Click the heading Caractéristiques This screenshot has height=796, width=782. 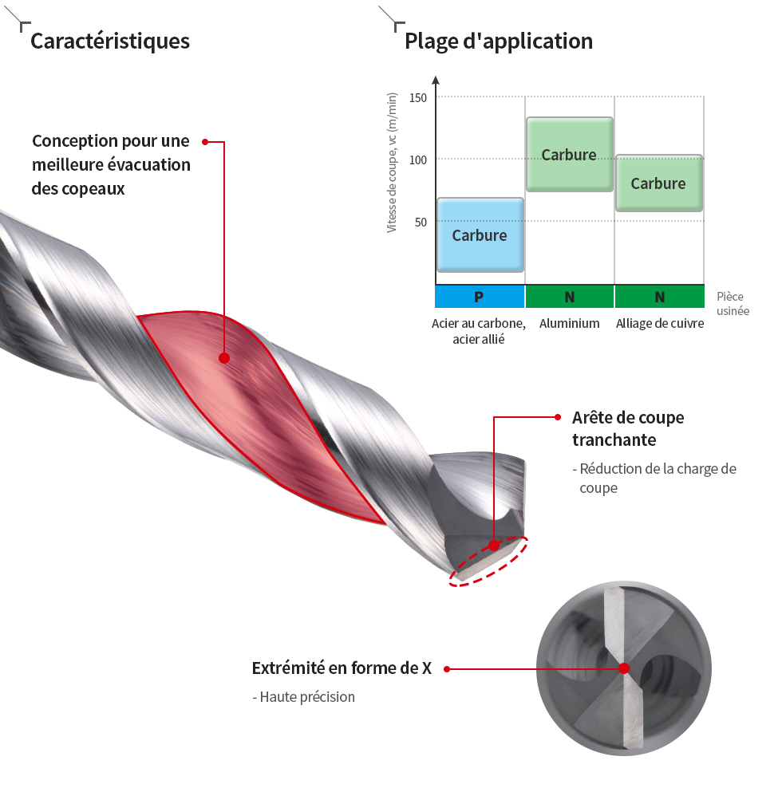109,41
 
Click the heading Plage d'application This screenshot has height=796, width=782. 499,41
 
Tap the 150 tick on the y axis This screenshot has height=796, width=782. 418,97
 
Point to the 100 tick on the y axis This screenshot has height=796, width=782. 418,160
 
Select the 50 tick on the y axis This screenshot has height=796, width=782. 421,223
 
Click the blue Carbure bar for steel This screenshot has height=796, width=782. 480,235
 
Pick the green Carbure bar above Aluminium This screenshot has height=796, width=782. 570,154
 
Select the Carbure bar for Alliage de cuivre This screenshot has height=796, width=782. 659,183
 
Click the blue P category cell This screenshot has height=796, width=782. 480,297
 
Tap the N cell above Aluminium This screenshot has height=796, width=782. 569,297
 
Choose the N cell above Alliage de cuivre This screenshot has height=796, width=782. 660,297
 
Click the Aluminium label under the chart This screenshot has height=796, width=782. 569,323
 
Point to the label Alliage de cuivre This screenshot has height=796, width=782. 660,323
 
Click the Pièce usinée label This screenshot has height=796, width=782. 733,304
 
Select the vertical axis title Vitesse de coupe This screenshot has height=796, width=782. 392,163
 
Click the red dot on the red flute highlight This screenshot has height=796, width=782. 224,358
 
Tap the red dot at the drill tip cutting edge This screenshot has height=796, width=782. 494,546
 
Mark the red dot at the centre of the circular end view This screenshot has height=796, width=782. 624,668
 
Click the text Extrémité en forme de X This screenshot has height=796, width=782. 342,668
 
